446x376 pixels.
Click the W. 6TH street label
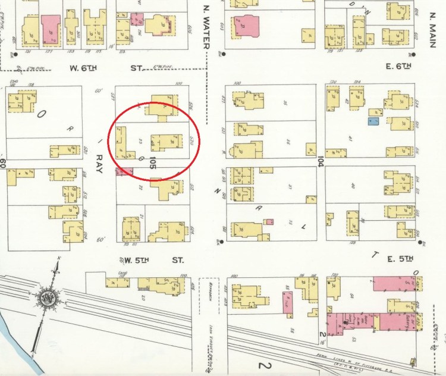pyautogui.click(x=83, y=68)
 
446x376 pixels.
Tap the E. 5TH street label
pyautogui.click(x=398, y=258)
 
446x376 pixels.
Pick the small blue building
pyautogui.click(x=373, y=122)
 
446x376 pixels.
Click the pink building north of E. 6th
pyautogui.click(x=246, y=26)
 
